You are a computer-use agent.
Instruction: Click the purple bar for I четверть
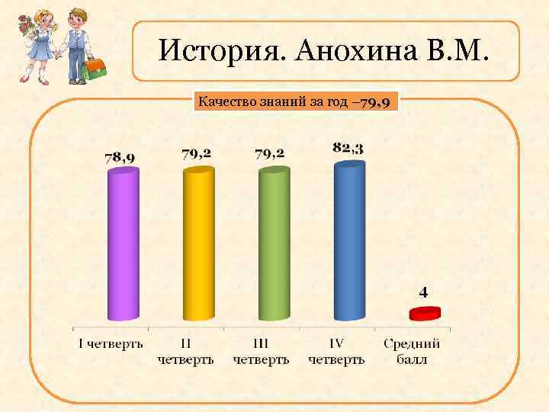123,244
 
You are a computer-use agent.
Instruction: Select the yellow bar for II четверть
197,244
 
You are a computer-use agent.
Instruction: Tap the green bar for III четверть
274,244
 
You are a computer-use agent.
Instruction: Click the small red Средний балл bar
425,313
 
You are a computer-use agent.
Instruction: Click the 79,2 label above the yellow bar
196,153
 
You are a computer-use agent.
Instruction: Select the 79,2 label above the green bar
270,153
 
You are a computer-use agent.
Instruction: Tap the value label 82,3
348,147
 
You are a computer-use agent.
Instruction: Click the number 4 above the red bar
424,291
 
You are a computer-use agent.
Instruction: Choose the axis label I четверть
111,343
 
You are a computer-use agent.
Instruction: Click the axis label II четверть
185,351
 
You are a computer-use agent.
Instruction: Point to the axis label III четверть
261,351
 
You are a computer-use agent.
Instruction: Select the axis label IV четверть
336,351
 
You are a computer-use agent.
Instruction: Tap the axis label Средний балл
412,351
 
